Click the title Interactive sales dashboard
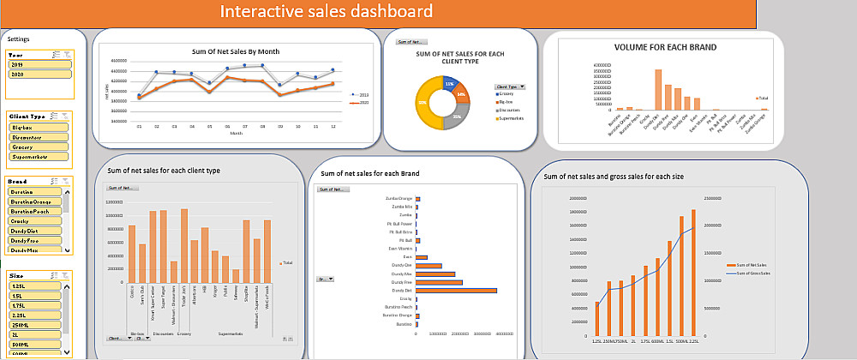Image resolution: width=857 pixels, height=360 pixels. click(326, 12)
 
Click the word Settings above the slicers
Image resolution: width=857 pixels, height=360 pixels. click(18, 39)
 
